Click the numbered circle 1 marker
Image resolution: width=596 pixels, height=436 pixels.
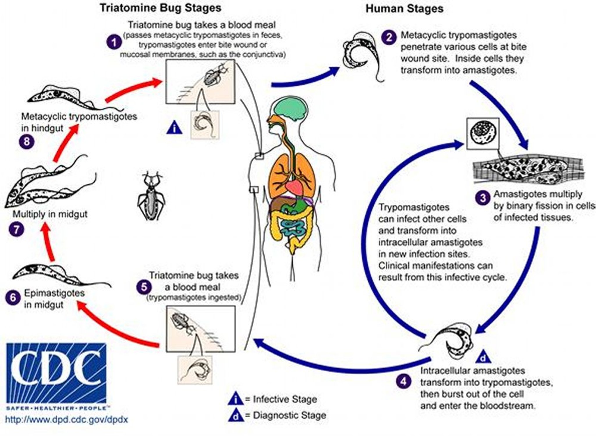click(x=114, y=42)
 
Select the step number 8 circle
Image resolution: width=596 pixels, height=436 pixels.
click(x=27, y=142)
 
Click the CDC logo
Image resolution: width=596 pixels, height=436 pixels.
click(x=56, y=373)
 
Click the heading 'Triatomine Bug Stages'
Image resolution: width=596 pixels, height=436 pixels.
click(x=160, y=8)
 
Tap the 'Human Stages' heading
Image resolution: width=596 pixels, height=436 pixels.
click(x=404, y=9)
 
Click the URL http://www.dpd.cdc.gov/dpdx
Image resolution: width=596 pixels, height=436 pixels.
click(x=67, y=419)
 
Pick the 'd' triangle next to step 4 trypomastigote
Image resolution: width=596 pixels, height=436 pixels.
click(x=483, y=357)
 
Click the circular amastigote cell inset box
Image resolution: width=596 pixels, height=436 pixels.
click(x=483, y=134)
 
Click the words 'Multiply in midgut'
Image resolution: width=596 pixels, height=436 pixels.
click(x=50, y=214)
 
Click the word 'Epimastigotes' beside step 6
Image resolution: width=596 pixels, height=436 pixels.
click(x=54, y=293)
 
